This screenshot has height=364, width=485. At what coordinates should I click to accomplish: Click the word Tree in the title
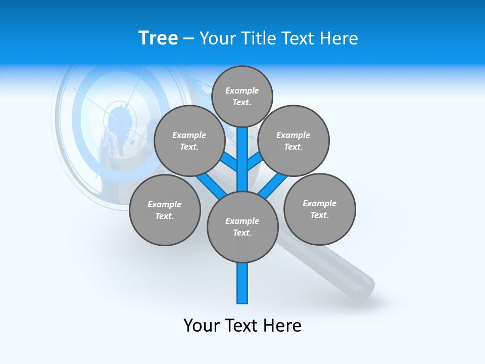(158, 38)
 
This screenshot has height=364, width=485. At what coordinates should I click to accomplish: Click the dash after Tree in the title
(188, 38)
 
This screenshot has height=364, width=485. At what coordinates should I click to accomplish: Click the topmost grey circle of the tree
(242, 97)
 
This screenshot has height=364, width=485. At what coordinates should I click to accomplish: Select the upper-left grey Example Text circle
(189, 141)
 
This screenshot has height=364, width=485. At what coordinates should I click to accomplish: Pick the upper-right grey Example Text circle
(294, 141)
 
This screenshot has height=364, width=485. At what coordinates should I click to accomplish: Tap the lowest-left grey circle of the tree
(165, 210)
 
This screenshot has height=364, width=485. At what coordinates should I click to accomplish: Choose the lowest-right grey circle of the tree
(319, 209)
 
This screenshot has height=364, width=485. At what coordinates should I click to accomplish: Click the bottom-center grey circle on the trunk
(243, 227)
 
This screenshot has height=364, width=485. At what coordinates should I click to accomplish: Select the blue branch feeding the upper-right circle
(256, 161)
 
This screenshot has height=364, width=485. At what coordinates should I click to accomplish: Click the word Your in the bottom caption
(202, 326)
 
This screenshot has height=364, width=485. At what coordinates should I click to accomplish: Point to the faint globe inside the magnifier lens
(119, 126)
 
